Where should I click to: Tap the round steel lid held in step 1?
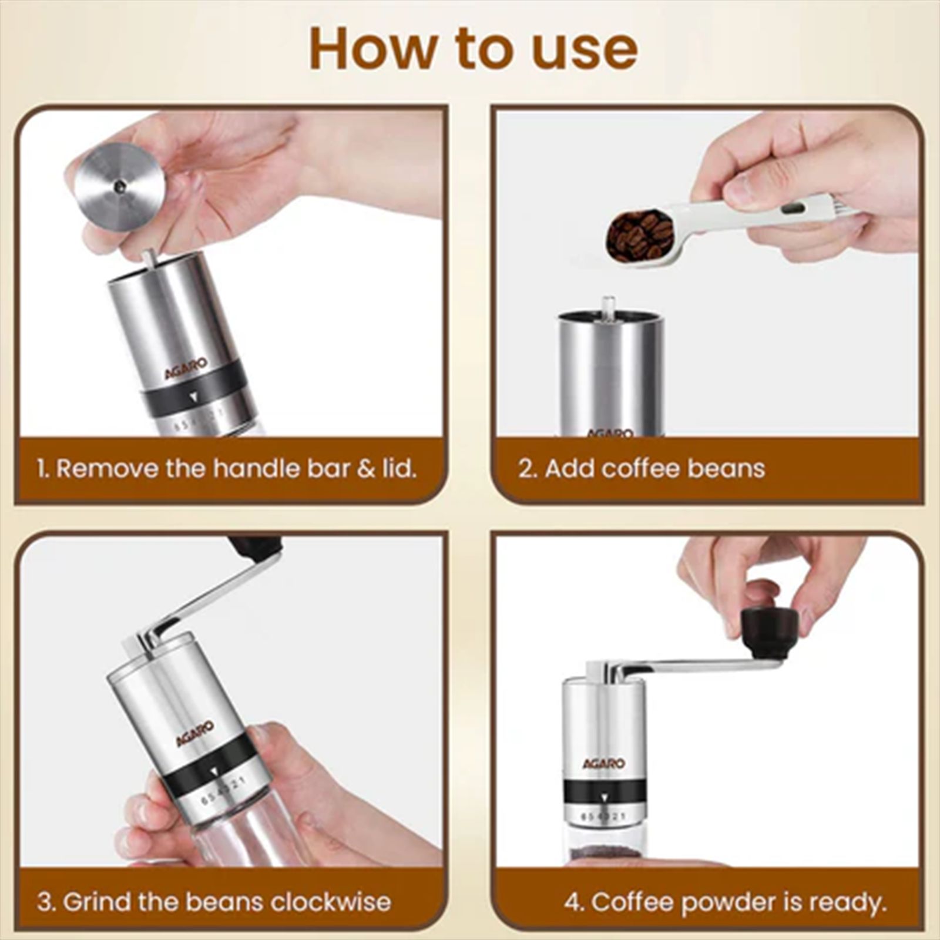pyautogui.click(x=119, y=187)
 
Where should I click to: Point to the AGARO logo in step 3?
pyautogui.click(x=196, y=734)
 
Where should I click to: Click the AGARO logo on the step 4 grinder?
pyautogui.click(x=603, y=764)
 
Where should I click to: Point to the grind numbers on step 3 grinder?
pyautogui.click(x=222, y=790)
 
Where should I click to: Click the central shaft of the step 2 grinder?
pyautogui.click(x=609, y=308)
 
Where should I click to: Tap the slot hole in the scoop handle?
pyautogui.click(x=793, y=208)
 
